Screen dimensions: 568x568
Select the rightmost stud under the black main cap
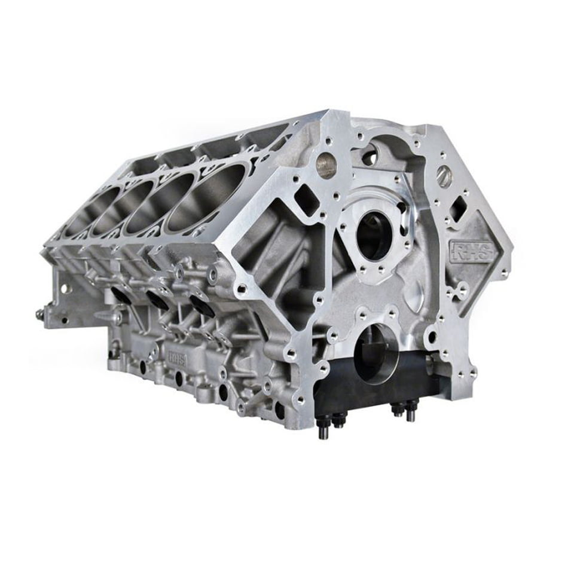click(410, 413)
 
